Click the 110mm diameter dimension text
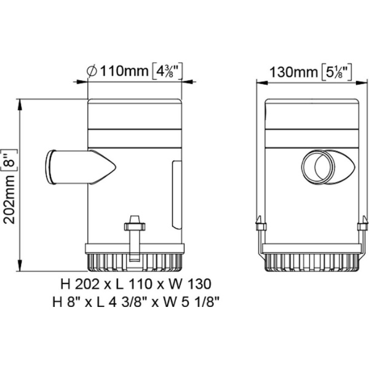[x=124, y=71]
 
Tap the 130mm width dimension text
[x=293, y=72]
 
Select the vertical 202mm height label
[x=10, y=199]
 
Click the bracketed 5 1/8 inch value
[x=337, y=72]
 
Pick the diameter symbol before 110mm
[x=92, y=71]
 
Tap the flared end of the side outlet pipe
[x=50, y=167]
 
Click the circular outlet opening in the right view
[x=318, y=167]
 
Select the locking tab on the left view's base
[x=134, y=237]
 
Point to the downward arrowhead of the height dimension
[x=20, y=266]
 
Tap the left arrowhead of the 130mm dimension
[x=262, y=83]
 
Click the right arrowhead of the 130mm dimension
[x=362, y=83]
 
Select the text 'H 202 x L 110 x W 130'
[x=136, y=284]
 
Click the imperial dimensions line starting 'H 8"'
[x=136, y=302]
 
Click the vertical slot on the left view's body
[x=177, y=195]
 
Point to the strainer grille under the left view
[x=134, y=263]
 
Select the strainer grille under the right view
[x=312, y=263]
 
